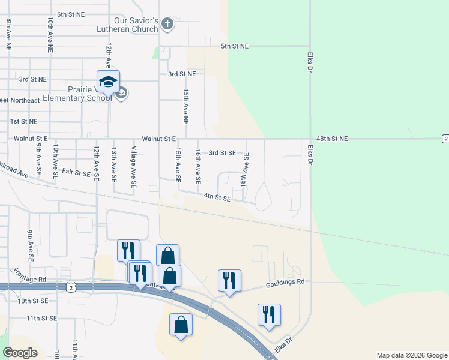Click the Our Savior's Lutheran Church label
tap(128, 25)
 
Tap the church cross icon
tap(167, 25)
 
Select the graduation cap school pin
tap(108, 82)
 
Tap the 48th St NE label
tap(332, 139)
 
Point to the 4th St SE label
tap(217, 196)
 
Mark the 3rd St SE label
tap(221, 153)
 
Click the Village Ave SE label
tap(134, 166)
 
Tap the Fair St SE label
tap(76, 172)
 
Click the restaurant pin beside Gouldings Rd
tap(229, 280)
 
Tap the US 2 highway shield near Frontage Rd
tap(71, 289)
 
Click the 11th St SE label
tap(41, 318)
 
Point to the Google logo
tap(20, 352)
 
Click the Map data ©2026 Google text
tap(412, 355)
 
